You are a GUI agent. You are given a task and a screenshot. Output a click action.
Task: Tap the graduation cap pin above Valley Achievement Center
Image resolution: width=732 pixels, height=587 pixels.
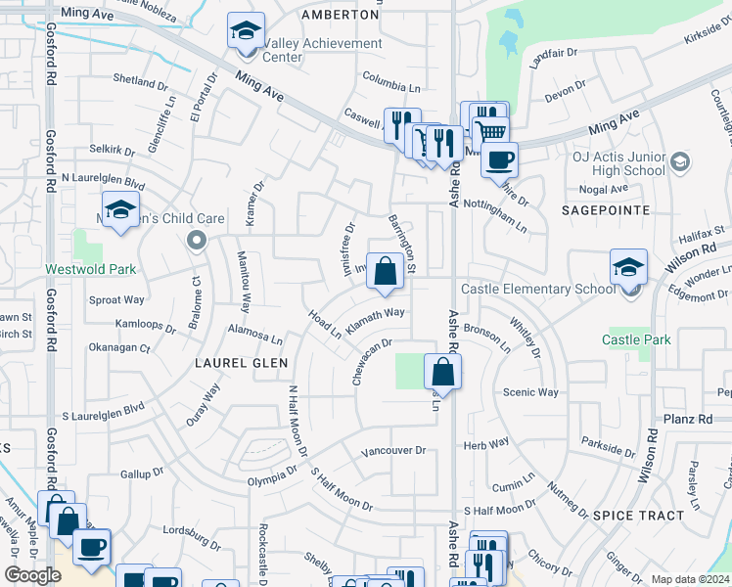tap(246, 31)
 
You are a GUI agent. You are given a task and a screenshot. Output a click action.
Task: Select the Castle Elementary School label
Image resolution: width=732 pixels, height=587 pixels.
tap(538, 289)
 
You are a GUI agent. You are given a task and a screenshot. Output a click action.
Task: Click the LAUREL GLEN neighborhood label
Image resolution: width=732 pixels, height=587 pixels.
tap(243, 362)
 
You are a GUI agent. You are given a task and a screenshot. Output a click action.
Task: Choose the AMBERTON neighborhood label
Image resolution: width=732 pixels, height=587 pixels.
tap(340, 16)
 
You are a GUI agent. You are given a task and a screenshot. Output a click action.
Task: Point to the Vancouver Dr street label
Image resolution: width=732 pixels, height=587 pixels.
tap(393, 451)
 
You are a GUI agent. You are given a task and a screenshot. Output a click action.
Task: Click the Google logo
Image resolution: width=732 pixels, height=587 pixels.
tap(33, 575)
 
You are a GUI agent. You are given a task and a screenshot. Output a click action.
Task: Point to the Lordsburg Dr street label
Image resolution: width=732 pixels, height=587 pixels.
tap(191, 536)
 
